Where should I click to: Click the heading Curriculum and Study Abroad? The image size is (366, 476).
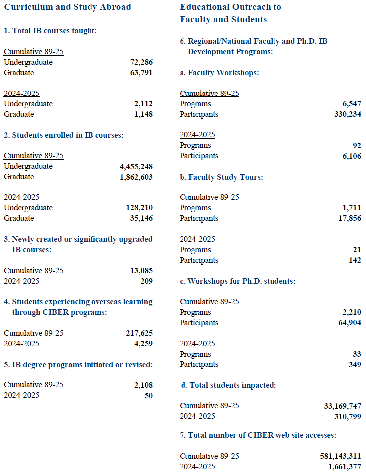(68, 7)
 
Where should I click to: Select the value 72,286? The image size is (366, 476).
(141, 62)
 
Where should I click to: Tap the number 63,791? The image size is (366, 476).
(141, 73)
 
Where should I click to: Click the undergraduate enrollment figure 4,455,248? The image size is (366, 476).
(133, 166)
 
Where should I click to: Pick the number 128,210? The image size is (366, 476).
(139, 208)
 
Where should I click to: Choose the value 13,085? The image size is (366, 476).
(141, 271)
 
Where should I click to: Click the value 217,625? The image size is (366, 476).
(139, 333)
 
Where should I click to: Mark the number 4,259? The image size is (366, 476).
(143, 343)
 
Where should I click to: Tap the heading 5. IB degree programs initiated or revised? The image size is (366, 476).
(78, 364)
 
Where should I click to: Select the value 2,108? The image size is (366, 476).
(143, 385)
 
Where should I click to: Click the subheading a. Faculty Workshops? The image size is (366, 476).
(219, 73)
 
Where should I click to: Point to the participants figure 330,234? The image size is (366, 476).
(348, 114)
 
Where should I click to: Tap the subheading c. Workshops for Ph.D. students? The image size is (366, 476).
(238, 281)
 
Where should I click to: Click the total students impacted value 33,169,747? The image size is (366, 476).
(343, 406)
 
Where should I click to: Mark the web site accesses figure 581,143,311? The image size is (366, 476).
(340, 456)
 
